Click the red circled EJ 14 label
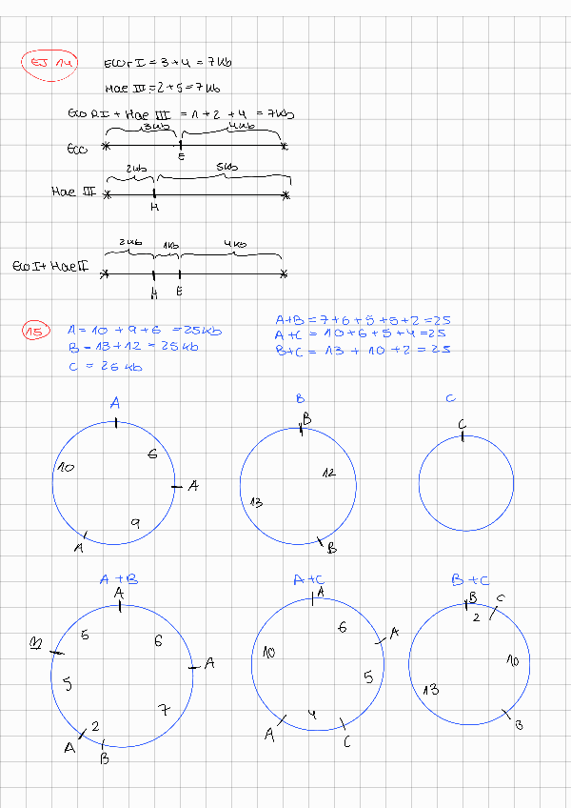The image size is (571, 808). pos(48,63)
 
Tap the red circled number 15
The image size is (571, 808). pos(34,332)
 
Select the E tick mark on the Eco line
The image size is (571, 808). pos(181,146)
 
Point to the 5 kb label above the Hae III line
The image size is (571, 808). pos(226,168)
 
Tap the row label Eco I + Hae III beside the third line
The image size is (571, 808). pos(49,266)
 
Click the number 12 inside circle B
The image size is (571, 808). pos(328,472)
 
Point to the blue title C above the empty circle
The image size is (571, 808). pos(450,399)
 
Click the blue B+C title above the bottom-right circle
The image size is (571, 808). pos(470,578)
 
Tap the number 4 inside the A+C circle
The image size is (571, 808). pos(311,714)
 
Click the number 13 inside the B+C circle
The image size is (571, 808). pos(431,689)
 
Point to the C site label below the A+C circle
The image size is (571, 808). pos(347,741)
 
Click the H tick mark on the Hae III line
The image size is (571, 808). pos(154,195)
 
